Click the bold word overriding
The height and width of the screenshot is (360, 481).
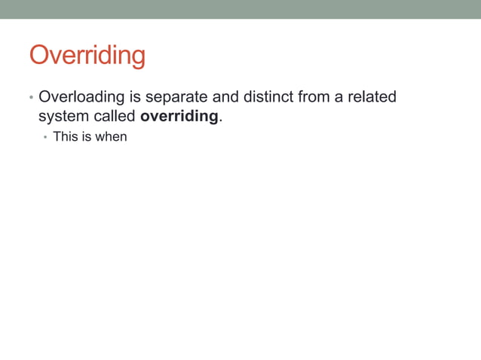pyautogui.click(x=179, y=118)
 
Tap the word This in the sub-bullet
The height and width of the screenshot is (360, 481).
pyautogui.click(x=66, y=138)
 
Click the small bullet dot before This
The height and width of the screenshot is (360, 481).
pyautogui.click(x=45, y=139)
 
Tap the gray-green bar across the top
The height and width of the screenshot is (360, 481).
pyautogui.click(x=240, y=9)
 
